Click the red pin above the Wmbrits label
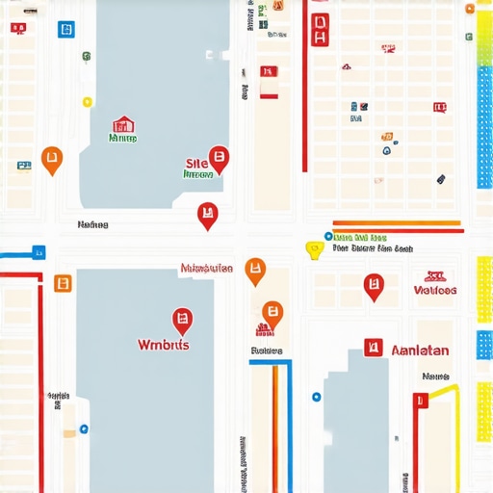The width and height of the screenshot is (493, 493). [181, 321]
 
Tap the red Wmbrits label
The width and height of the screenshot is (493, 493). [164, 345]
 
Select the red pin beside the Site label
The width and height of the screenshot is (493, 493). [219, 159]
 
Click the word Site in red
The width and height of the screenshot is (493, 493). [195, 164]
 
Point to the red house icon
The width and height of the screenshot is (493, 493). [122, 124]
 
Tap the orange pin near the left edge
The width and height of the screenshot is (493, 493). [52, 159]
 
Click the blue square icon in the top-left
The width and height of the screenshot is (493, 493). [65, 30]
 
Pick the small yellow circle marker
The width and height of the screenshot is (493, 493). [87, 100]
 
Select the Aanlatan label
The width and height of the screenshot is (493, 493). [421, 350]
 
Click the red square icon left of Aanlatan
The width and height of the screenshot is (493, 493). [374, 348]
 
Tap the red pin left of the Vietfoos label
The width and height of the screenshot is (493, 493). [374, 286]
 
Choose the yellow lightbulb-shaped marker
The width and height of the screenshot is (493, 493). [313, 250]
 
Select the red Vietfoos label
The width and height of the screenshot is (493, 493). [435, 289]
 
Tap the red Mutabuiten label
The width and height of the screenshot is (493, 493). [206, 269]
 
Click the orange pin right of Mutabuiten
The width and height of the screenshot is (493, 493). [254, 272]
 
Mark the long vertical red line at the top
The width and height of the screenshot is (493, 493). [305, 87]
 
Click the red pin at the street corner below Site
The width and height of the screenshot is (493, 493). [206, 216]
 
